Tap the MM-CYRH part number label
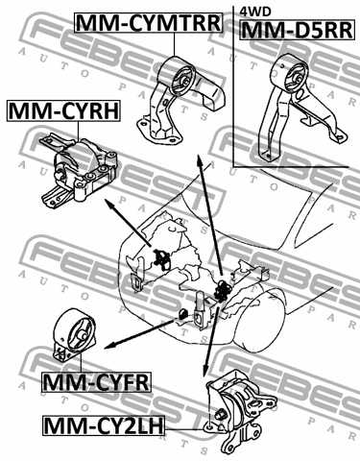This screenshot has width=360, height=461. click(x=64, y=112)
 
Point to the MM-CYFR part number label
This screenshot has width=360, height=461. click(x=96, y=384)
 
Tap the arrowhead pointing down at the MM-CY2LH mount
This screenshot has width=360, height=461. click(x=204, y=370)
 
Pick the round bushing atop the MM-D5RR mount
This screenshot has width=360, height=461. click(x=287, y=71)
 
